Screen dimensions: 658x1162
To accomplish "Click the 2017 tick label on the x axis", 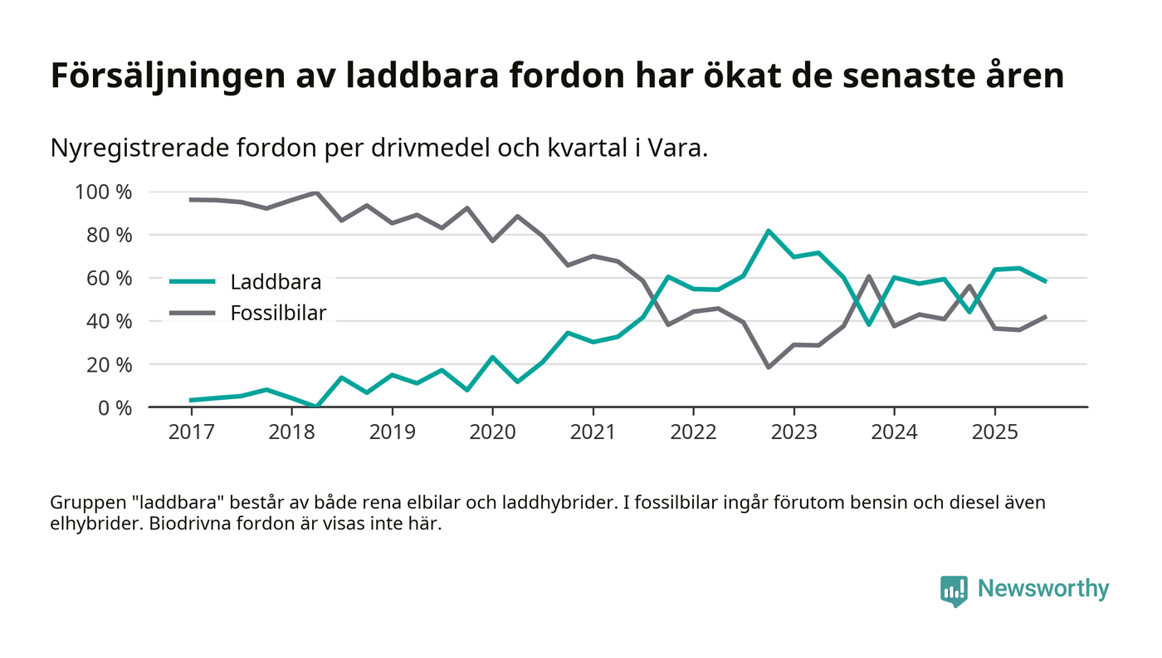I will coord(191,432).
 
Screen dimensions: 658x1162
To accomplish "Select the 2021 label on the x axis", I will coord(593,432).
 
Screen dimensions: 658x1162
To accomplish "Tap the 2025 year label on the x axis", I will coord(994,432).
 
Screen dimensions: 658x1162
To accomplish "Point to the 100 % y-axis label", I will coord(104,192).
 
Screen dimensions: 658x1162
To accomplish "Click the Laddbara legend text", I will coord(276,282).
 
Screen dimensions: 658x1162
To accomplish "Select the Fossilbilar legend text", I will coord(278,313).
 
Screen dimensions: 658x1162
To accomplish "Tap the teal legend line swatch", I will coord(192,282).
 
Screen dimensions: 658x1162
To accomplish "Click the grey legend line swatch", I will coord(192,313).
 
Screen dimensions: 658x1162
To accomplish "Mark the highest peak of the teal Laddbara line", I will coord(769,231).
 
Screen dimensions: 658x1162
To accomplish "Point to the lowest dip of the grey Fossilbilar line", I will coord(769,367).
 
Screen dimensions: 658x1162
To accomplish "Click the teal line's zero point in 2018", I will coord(316,407).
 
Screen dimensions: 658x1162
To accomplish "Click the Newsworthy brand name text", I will coord(1042,589).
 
